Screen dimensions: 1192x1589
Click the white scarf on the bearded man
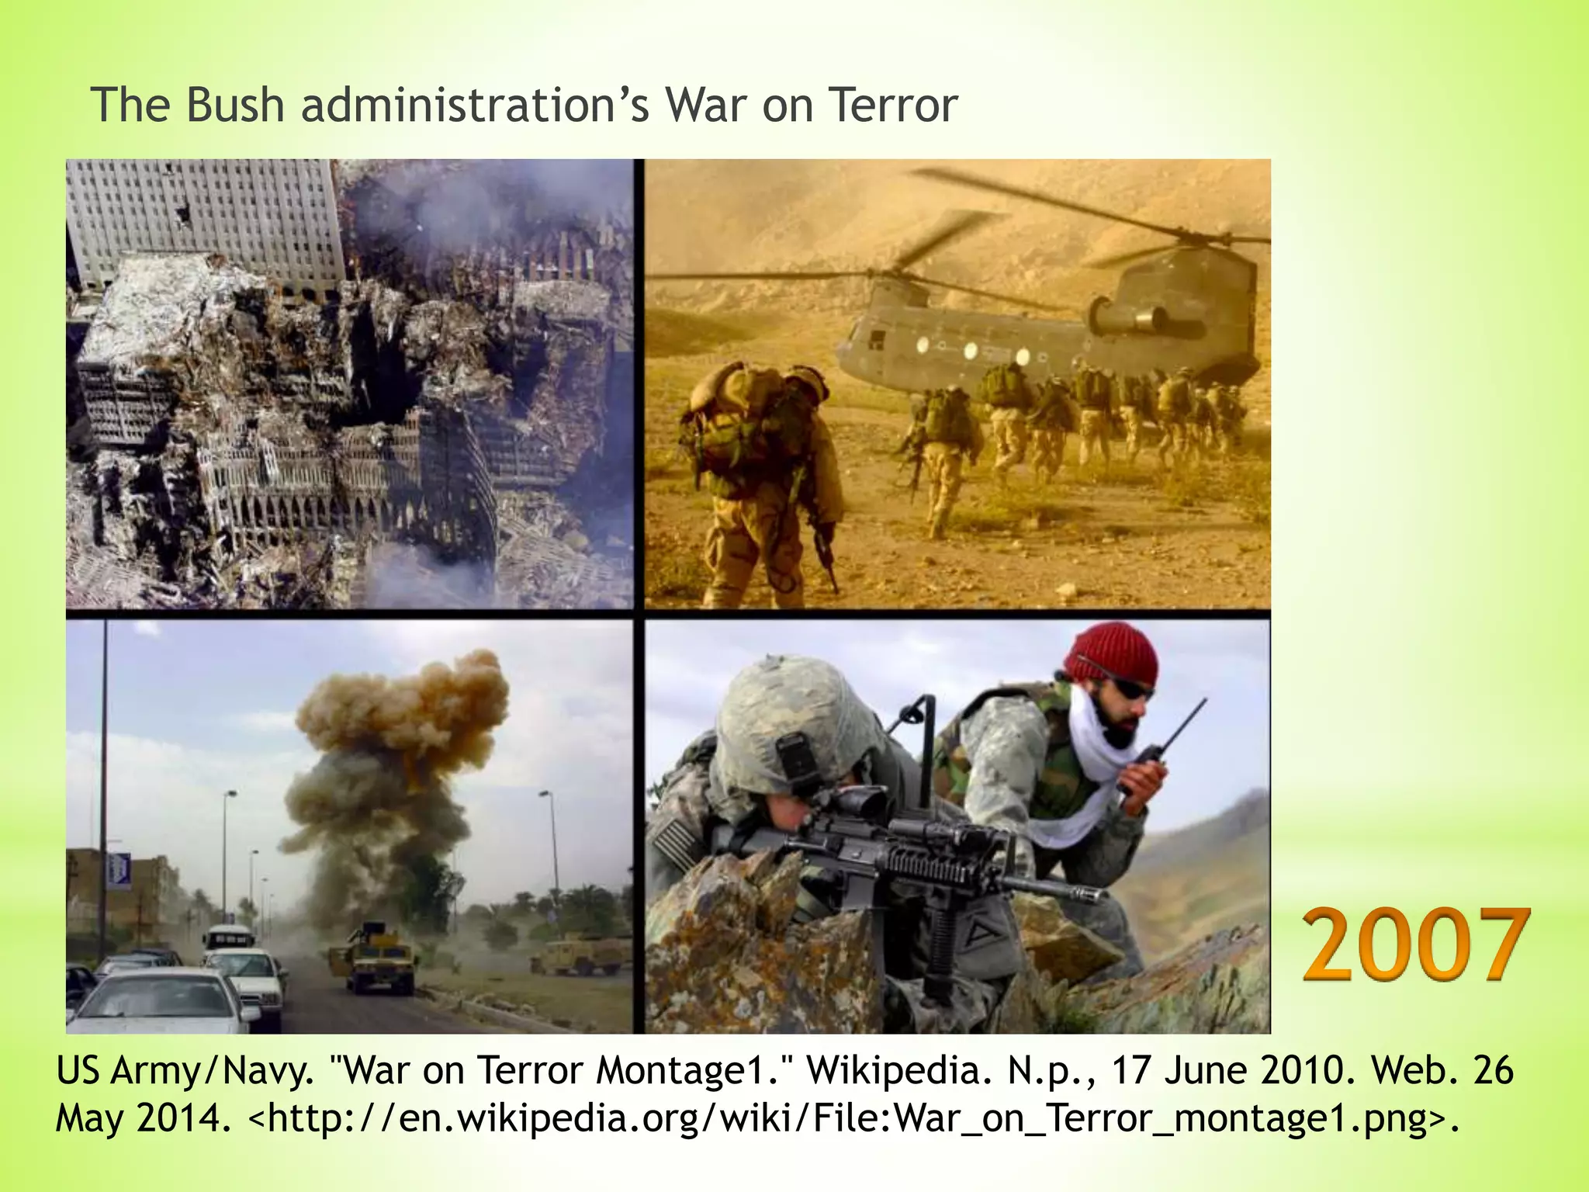point(1086,776)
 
